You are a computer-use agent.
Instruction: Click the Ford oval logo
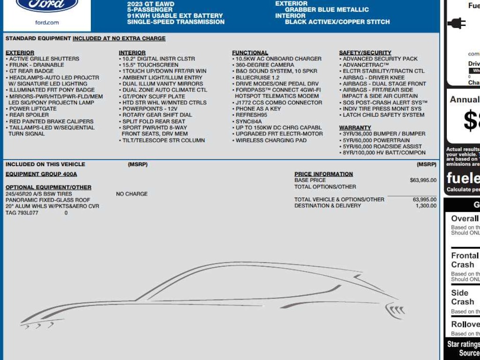pos(47,5)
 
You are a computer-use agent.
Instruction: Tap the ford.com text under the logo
pos(47,22)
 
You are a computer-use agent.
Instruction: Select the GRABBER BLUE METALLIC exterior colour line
pos(327,9)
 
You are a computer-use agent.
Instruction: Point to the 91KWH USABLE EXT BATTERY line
pos(175,15)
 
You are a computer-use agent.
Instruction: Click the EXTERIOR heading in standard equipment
pos(20,52)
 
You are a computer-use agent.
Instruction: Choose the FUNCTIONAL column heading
pos(250,52)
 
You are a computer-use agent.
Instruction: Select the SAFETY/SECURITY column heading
pos(365,52)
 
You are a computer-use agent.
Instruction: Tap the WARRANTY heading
pos(355,127)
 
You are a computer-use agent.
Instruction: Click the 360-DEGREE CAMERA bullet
pos(265,65)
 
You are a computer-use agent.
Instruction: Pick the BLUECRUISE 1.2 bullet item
pos(257,77)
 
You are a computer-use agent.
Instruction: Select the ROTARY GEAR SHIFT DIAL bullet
pos(157,115)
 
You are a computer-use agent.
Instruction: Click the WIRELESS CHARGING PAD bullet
pos(271,140)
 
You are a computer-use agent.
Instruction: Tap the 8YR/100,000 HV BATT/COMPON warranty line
pos(384,152)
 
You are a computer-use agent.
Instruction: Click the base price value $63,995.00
pos(423,180)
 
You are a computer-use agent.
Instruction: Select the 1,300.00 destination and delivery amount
pos(426,206)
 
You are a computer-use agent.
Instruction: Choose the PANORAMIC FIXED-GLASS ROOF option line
pos(48,200)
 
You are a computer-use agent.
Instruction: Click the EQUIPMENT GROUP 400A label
pos(41,174)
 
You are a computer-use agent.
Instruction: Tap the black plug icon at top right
pos(456,23)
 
